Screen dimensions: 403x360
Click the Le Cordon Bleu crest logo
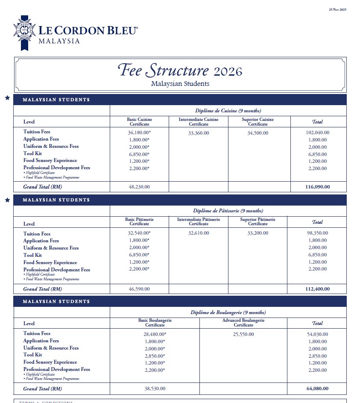(x=24, y=32)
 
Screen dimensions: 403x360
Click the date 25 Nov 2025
(x=337, y=9)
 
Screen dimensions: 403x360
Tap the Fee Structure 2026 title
(x=180, y=70)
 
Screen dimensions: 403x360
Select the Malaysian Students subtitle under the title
(x=180, y=84)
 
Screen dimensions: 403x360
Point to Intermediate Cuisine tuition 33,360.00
(x=199, y=133)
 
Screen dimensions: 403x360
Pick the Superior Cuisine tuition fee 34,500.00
(x=258, y=133)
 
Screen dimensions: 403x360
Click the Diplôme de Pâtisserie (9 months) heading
(x=228, y=211)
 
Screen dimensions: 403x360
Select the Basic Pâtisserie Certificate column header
(x=139, y=221)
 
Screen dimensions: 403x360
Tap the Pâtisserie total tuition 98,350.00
(x=316, y=233)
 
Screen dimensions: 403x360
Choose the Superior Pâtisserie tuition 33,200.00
(x=258, y=233)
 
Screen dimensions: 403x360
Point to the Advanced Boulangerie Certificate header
(x=243, y=323)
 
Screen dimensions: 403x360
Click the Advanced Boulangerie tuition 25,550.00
(x=243, y=334)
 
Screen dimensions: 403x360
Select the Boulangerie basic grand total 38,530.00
(x=154, y=388)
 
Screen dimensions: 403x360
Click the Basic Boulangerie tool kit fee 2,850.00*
(x=154, y=356)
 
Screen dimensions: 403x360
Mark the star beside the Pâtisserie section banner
(x=7, y=200)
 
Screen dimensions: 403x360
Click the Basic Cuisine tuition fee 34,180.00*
(x=139, y=132)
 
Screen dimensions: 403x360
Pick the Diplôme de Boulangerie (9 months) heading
(x=228, y=312)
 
